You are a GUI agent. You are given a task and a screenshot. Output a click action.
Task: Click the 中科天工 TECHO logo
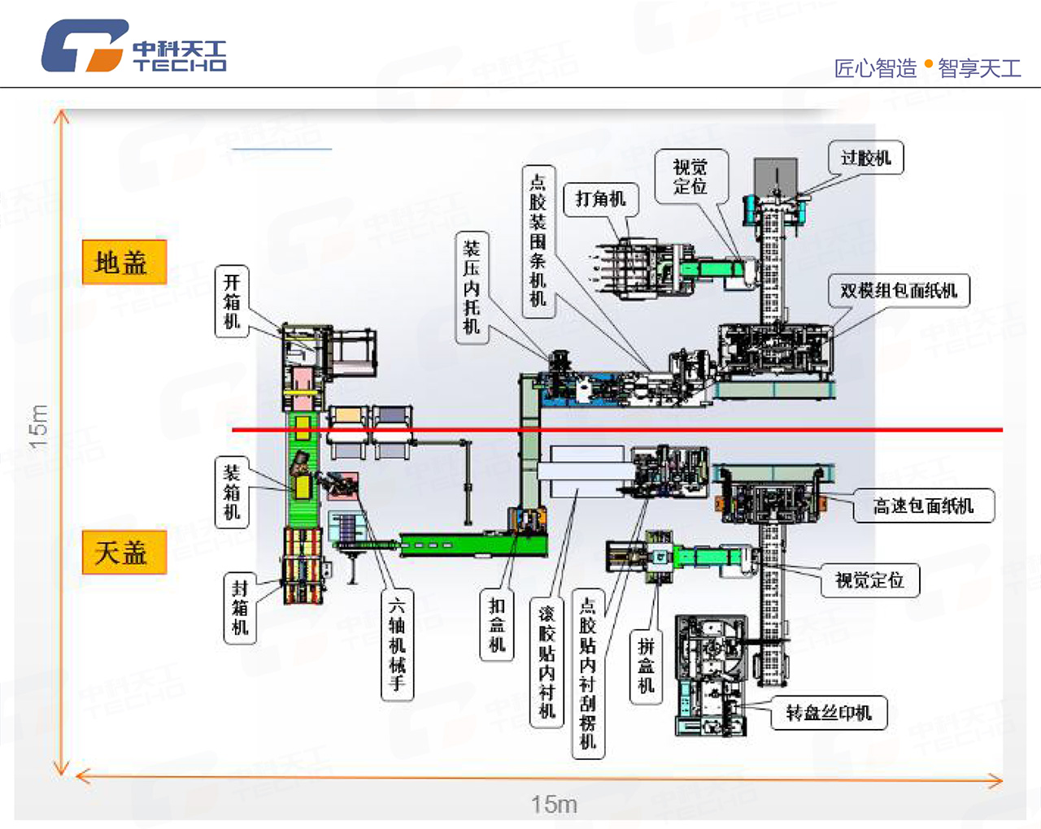[134, 46]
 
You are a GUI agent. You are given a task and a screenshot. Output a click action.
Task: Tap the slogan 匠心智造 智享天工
[927, 67]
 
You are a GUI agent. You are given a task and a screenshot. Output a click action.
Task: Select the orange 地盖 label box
[124, 263]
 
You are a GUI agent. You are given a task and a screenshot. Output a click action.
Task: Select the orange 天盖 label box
[124, 553]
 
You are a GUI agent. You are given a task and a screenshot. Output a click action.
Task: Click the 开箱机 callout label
[232, 302]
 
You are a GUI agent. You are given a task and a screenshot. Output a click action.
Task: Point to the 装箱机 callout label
[232, 492]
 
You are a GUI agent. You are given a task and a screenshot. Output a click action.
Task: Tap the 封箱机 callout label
[239, 607]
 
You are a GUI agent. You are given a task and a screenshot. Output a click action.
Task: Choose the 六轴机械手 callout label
[397, 644]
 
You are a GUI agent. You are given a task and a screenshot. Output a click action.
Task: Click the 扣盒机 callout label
[497, 625]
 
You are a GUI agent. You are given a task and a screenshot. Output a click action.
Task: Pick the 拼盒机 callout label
[646, 666]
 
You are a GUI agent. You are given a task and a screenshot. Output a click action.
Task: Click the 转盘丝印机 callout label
[828, 713]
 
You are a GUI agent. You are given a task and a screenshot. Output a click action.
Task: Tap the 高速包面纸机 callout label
[923, 506]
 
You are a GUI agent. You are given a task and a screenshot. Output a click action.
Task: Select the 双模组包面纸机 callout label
[899, 290]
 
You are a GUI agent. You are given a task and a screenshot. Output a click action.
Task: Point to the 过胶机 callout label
[865, 158]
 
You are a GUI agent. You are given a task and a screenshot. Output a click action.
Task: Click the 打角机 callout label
[600, 198]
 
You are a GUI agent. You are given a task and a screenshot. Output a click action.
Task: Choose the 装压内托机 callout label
[472, 287]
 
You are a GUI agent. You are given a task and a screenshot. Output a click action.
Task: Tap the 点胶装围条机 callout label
[538, 240]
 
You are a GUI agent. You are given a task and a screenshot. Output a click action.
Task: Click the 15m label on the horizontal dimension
[554, 804]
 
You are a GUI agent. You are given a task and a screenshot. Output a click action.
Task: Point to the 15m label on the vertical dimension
[38, 426]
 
